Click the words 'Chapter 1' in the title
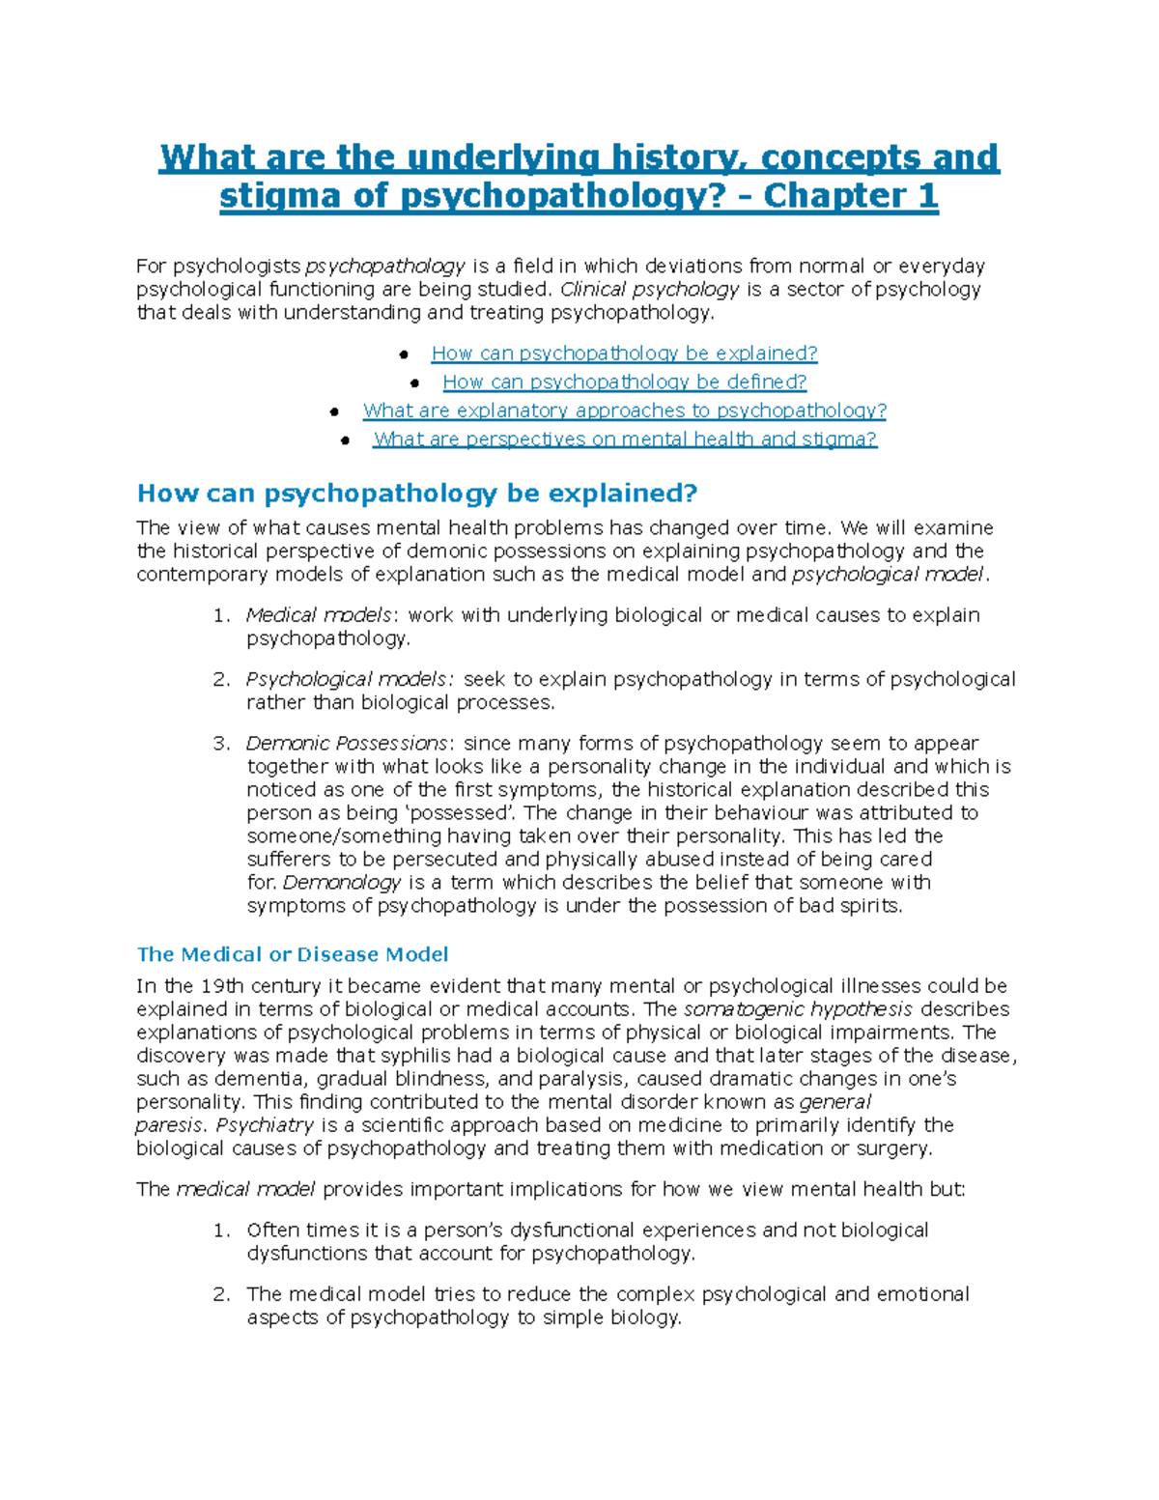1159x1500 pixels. [x=850, y=196]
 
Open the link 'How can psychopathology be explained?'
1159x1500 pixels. [x=624, y=354]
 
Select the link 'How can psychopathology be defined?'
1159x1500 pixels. [x=624, y=382]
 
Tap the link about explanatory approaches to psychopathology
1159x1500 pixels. [x=624, y=410]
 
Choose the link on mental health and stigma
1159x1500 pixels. [x=624, y=439]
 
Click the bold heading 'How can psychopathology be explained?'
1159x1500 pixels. [x=416, y=494]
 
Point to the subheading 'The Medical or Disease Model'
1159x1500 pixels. [x=293, y=954]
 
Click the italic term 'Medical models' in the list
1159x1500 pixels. [x=319, y=615]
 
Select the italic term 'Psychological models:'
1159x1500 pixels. [x=350, y=679]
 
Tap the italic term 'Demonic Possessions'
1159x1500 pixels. [x=347, y=743]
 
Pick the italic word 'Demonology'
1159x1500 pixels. [x=342, y=882]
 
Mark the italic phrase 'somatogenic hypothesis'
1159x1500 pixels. [x=798, y=1009]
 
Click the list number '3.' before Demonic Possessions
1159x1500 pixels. [x=221, y=743]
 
